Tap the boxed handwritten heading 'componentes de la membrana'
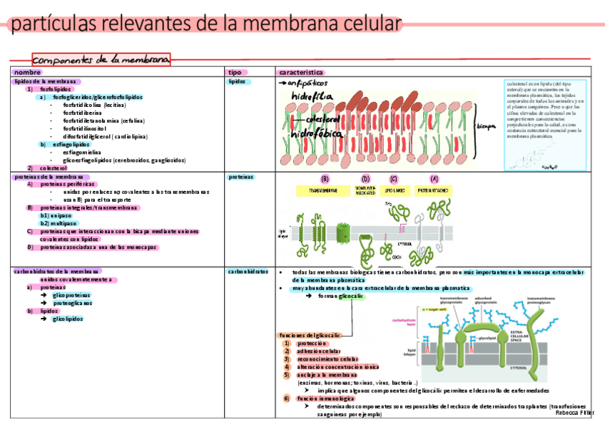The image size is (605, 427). click(101, 60)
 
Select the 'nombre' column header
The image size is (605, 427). click(28, 72)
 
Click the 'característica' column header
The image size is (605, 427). click(302, 72)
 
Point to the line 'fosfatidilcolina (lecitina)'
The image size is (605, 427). click(94, 104)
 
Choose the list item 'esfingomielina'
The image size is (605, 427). click(83, 152)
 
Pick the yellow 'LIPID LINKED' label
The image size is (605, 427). click(395, 191)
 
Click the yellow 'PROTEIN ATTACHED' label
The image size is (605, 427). click(432, 191)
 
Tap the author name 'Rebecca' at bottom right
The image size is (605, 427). click(567, 412)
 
